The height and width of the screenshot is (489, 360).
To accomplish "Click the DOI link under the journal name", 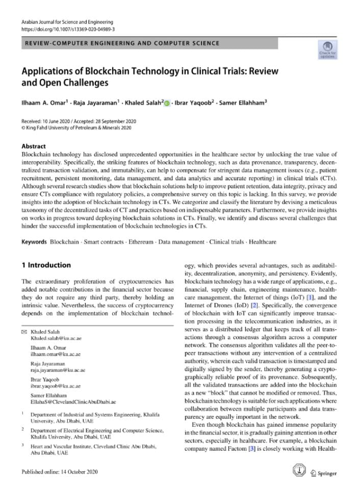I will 68,30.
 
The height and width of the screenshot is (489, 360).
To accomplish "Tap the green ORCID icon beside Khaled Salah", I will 167,102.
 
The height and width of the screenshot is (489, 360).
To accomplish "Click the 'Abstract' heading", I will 34,146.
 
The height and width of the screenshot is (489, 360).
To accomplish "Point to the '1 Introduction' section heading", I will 46,265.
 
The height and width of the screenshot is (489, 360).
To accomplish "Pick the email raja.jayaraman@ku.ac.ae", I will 58,370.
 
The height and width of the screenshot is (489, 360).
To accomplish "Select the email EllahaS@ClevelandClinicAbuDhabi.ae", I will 73,402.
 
